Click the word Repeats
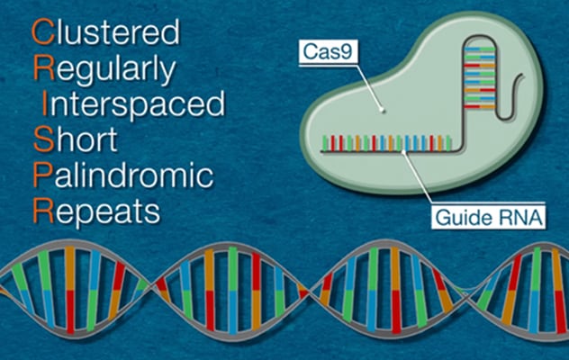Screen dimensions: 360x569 pos(95,212)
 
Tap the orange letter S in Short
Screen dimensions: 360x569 pos(40,140)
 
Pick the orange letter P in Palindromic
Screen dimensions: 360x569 pos(40,175)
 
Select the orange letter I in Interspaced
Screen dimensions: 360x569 pos(37,104)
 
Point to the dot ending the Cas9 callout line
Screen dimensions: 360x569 pos(383,112)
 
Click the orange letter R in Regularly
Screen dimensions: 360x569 pos(41,69)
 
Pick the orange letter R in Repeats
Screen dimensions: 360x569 pos(41,212)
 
